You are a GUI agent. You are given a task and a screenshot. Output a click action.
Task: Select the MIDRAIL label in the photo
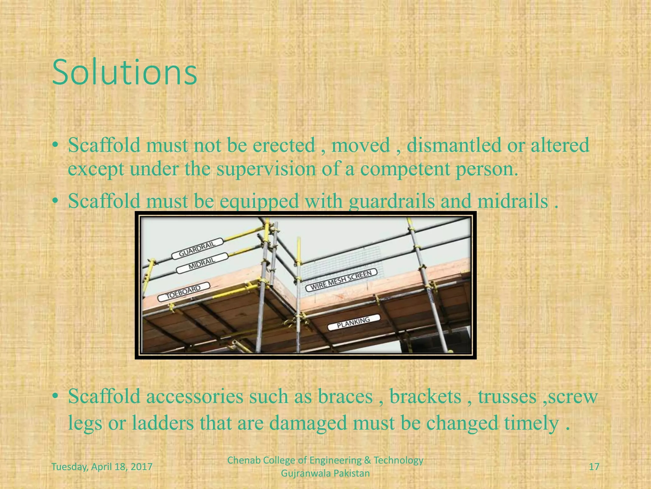(202, 263)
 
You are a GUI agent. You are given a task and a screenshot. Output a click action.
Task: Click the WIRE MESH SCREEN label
(341, 280)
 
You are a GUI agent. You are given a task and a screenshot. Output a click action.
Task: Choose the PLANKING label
(353, 322)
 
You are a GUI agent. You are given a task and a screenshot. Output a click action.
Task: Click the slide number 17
(594, 467)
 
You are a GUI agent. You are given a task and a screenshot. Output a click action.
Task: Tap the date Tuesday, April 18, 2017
(102, 467)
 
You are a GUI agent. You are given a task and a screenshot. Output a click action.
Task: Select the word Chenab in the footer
(241, 460)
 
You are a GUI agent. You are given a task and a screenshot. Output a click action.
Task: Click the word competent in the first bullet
(405, 169)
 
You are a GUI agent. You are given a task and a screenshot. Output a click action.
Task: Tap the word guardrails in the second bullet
(391, 201)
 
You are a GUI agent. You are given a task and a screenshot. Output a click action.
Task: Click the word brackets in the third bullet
(425, 397)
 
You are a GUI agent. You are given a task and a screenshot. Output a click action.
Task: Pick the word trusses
(507, 397)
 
